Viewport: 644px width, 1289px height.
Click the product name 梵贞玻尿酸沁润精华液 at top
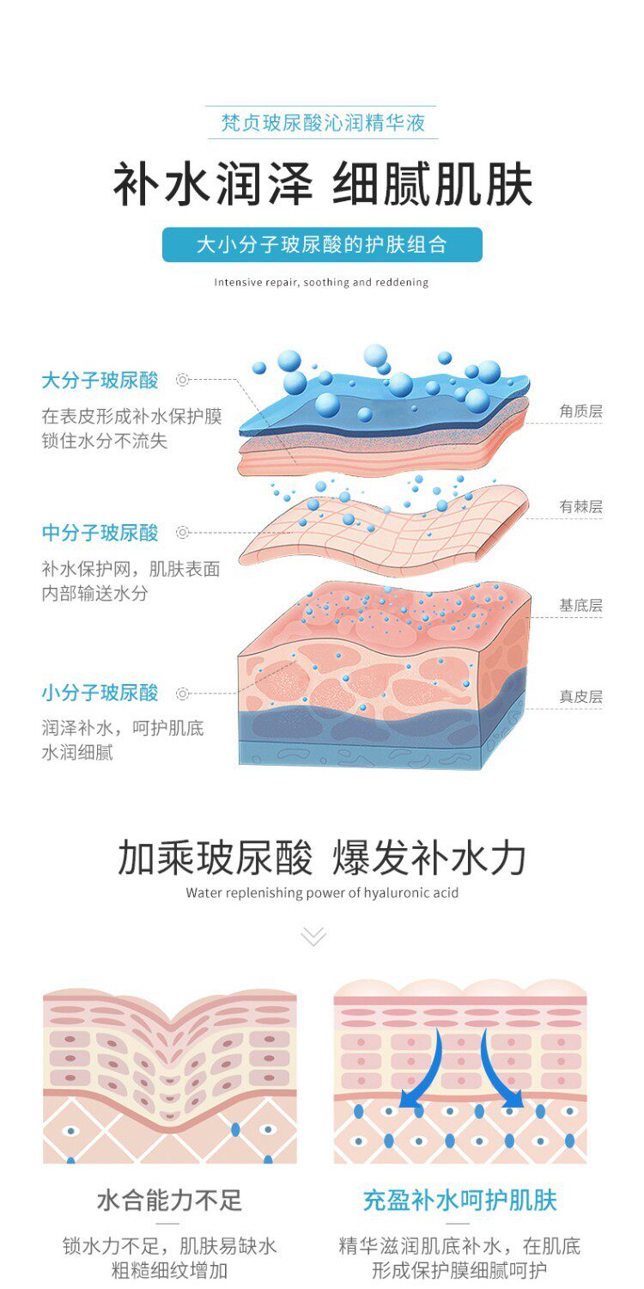pyautogui.click(x=322, y=123)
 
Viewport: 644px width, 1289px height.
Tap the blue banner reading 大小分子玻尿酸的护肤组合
pyautogui.click(x=322, y=245)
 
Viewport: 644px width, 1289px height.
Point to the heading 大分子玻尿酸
pyautogui.click(x=100, y=380)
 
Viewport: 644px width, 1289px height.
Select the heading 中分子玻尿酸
pyautogui.click(x=100, y=533)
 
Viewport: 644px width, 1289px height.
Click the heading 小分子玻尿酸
pyautogui.click(x=100, y=693)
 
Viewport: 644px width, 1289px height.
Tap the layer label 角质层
pyautogui.click(x=580, y=412)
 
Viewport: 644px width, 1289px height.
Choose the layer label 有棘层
pyautogui.click(x=580, y=507)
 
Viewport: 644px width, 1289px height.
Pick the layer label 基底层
pyautogui.click(x=580, y=606)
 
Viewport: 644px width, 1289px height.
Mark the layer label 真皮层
pyautogui.click(x=580, y=697)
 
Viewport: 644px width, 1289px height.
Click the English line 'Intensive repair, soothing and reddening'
pyautogui.click(x=321, y=282)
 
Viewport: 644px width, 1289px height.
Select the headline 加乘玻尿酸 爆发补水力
pyautogui.click(x=322, y=858)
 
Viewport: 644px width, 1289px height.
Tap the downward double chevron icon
pyautogui.click(x=313, y=936)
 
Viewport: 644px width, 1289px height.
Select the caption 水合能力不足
pyautogui.click(x=170, y=1200)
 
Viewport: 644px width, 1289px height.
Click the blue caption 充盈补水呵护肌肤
pyautogui.click(x=459, y=1200)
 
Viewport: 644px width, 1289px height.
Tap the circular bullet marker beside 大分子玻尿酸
pyautogui.click(x=182, y=379)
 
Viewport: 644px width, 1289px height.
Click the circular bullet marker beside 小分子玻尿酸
pyautogui.click(x=182, y=693)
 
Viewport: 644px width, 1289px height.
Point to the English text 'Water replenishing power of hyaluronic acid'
pyautogui.click(x=322, y=893)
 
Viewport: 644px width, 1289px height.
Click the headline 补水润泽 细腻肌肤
pyautogui.click(x=322, y=184)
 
